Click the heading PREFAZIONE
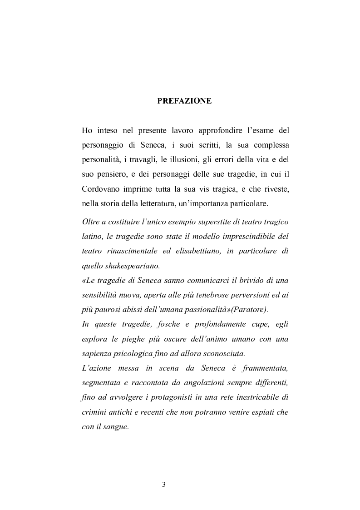[184, 101]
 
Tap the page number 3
[164, 485]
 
